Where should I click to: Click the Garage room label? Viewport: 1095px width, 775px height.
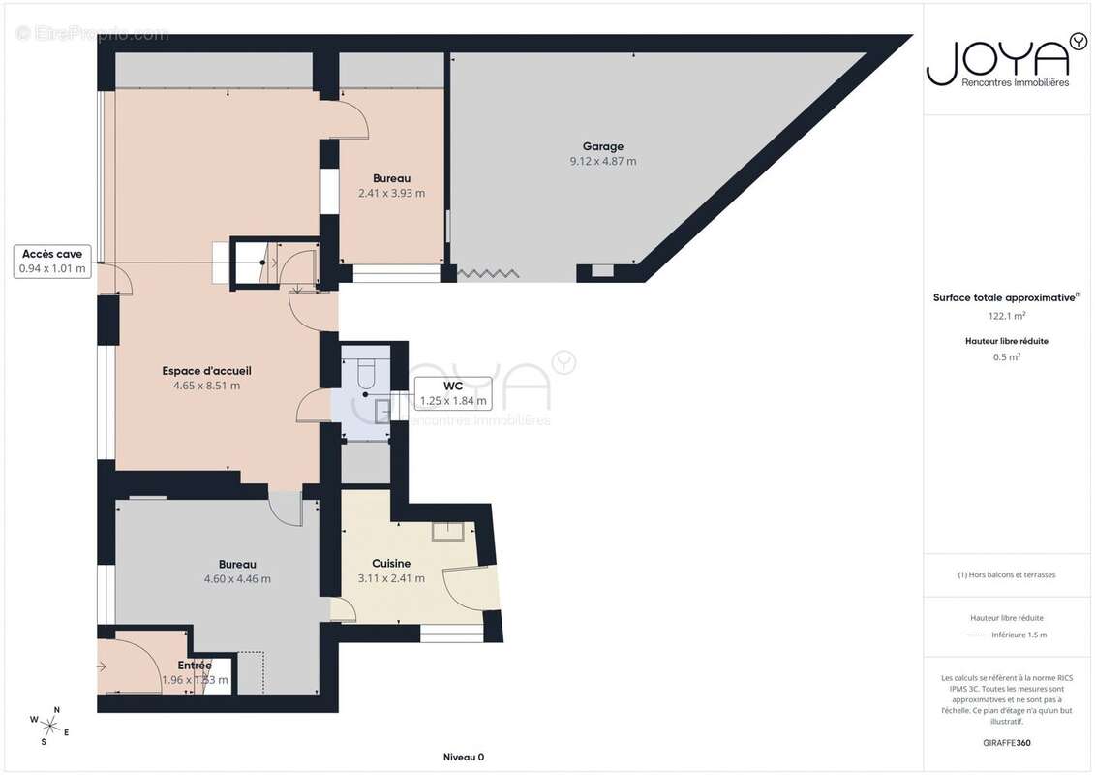click(x=602, y=147)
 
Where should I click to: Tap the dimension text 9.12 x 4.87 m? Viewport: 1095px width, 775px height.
click(x=602, y=162)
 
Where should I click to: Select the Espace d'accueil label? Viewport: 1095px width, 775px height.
click(x=200, y=371)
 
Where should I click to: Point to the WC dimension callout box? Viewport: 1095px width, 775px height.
click(x=452, y=393)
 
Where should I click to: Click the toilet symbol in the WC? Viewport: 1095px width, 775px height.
click(x=366, y=371)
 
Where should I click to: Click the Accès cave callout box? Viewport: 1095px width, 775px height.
click(x=53, y=262)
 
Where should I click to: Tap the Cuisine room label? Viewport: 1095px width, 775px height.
click(x=391, y=564)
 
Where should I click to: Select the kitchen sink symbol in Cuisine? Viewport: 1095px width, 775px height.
click(x=448, y=530)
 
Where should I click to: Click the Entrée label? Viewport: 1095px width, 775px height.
click(x=195, y=666)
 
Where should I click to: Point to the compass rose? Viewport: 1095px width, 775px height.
click(x=49, y=725)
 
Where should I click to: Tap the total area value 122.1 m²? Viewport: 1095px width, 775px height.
click(x=1007, y=316)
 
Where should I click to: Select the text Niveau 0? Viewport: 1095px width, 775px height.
click(x=463, y=758)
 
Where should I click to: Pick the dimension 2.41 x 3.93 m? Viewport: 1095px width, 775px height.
click(x=391, y=193)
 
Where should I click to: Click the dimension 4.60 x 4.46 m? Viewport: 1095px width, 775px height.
click(x=237, y=579)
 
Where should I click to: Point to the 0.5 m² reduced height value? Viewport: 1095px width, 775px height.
click(x=1007, y=356)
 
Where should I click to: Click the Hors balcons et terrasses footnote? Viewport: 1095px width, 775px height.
click(x=1007, y=574)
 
